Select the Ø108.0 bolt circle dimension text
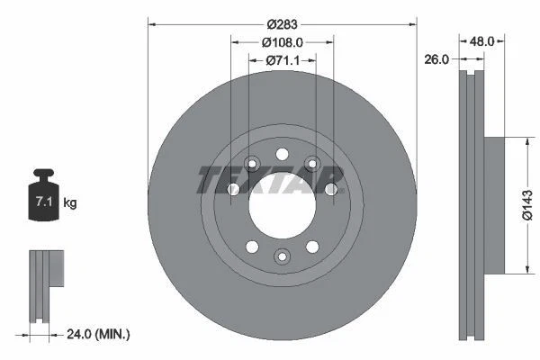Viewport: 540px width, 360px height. [x=282, y=40]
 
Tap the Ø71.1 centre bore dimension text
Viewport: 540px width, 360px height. [x=282, y=60]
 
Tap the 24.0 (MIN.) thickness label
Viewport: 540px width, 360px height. [x=98, y=334]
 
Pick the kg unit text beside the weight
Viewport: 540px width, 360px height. [x=70, y=203]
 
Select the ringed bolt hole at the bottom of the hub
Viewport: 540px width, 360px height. [x=282, y=257]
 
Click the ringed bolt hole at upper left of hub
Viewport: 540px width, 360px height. [x=251, y=163]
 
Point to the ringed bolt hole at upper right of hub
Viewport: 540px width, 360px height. [x=312, y=163]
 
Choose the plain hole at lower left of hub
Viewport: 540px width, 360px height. [x=251, y=246]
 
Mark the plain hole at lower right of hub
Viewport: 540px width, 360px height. [x=312, y=246]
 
